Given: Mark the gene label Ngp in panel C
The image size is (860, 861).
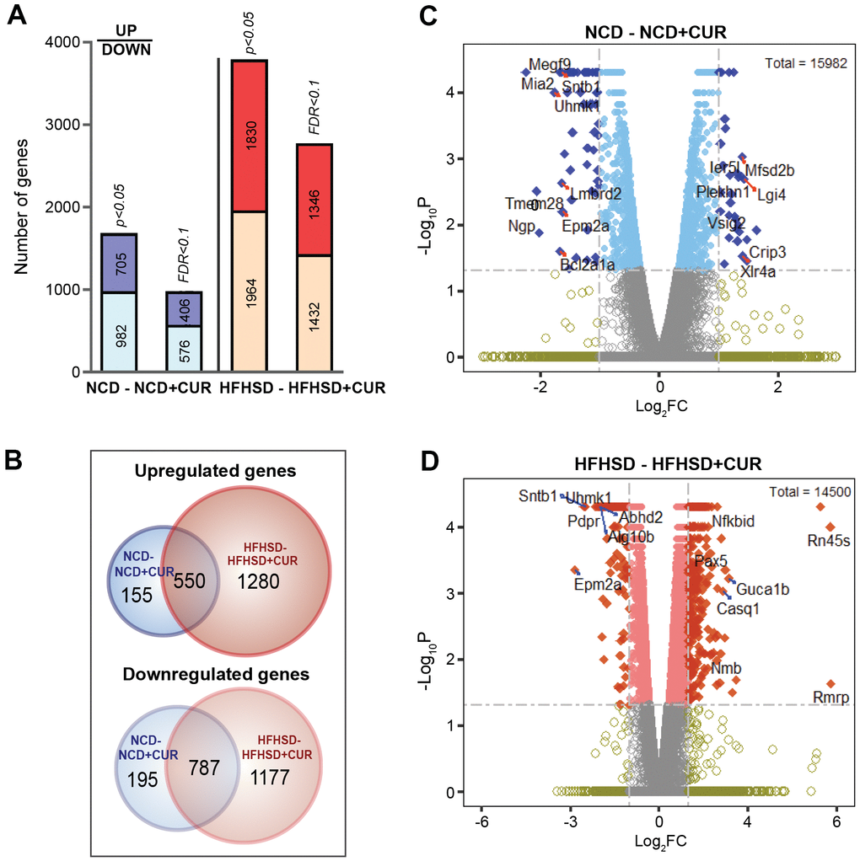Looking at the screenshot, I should (520, 226).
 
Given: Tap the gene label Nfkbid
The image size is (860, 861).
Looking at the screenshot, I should (734, 522).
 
